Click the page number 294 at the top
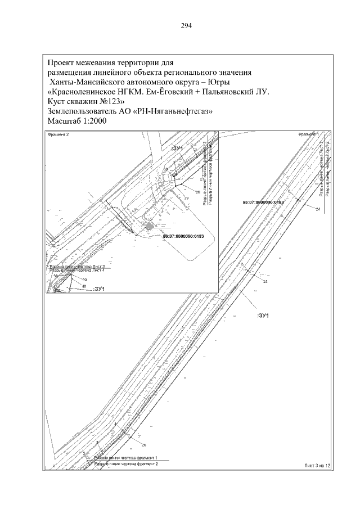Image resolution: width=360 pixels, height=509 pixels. [186, 25]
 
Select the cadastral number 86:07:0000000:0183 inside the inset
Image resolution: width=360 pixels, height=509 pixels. [182, 237]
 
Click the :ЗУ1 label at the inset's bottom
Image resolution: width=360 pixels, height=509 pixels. [99, 289]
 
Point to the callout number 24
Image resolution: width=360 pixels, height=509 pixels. [318, 209]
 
